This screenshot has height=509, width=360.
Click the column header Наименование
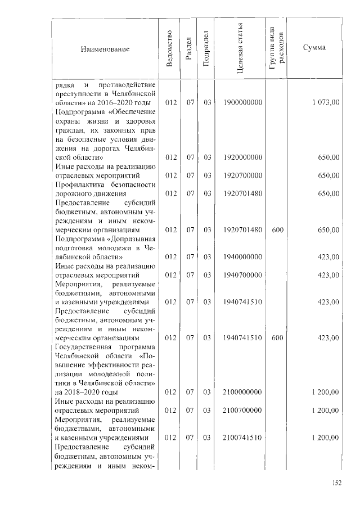coord(105,49)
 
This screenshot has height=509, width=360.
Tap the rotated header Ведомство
coord(169,49)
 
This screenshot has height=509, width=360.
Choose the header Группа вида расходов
coord(276,49)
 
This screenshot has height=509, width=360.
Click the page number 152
coord(337,482)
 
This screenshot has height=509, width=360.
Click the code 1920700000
coord(242,175)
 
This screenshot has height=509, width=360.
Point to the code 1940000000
coord(242,257)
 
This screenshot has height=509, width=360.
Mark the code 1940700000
coord(242,275)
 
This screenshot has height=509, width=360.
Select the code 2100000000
coord(242,392)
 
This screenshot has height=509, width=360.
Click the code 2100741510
coord(242,437)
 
